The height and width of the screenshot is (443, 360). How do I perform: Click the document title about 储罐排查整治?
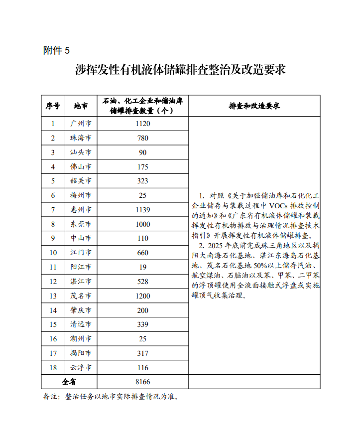[180, 69]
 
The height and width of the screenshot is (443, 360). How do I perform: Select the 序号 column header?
[53, 106]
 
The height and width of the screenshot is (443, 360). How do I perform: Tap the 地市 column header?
[81, 106]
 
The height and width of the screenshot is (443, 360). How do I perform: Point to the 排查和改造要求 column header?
[254, 106]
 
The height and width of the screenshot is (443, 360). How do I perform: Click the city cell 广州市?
[81, 124]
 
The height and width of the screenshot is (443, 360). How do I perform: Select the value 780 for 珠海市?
[142, 138]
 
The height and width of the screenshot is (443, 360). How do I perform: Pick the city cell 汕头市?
[81, 152]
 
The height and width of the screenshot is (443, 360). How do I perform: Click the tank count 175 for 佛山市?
[142, 167]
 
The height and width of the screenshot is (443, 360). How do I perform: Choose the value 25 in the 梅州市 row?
[142, 195]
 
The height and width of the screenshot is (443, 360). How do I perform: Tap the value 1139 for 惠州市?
[142, 210]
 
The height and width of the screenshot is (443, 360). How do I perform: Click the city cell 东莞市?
[81, 224]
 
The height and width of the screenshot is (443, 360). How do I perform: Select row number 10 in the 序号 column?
[53, 253]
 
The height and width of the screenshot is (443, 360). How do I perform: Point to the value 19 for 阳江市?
[142, 267]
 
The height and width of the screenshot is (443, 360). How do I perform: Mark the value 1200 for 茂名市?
[142, 296]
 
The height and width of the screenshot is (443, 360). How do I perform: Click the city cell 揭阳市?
[81, 353]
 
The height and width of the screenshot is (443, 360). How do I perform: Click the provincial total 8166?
[142, 382]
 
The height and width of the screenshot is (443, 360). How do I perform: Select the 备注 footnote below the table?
[111, 397]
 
